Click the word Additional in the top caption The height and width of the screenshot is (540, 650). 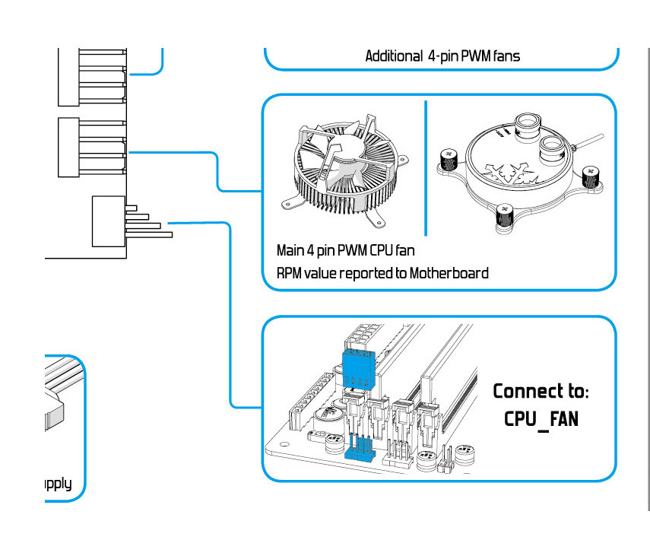pyautogui.click(x=394, y=56)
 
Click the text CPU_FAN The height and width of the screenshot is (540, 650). pyautogui.click(x=541, y=419)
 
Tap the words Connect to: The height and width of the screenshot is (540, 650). pyautogui.click(x=541, y=392)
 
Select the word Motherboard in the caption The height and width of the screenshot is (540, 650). pyautogui.click(x=449, y=272)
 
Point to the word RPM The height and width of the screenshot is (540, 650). pyautogui.click(x=290, y=272)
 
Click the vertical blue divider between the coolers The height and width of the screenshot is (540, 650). pyautogui.click(x=425, y=167)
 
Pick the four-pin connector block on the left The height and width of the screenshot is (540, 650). pyautogui.click(x=108, y=221)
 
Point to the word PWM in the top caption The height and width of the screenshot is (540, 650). pyautogui.click(x=471, y=56)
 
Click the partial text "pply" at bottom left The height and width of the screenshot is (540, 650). pyautogui.click(x=57, y=484)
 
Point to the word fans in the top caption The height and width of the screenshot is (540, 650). pyautogui.click(x=505, y=56)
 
